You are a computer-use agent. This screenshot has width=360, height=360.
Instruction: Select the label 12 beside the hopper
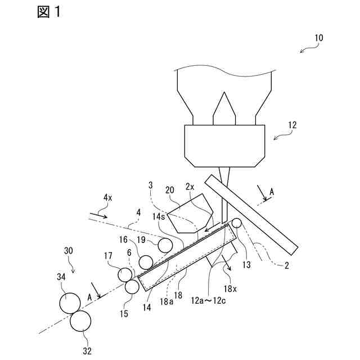point(292,125)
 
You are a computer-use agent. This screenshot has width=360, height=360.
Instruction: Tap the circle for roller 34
point(70,303)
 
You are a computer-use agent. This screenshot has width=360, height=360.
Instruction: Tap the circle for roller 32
point(81,321)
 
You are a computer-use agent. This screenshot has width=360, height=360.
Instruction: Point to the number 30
point(69,250)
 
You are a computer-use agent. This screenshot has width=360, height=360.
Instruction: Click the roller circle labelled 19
point(165,245)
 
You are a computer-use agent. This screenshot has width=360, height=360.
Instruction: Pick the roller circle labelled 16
point(146,262)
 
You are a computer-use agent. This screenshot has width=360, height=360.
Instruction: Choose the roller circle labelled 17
point(124,274)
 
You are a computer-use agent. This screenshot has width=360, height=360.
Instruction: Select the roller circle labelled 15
point(132,287)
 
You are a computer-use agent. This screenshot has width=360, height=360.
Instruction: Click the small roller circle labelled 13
point(236,223)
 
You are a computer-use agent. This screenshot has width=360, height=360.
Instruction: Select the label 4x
point(107,197)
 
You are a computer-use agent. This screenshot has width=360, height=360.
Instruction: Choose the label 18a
point(165,301)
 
